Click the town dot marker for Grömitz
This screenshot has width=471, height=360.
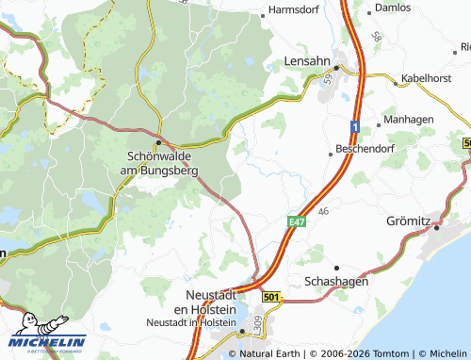(438, 225)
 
